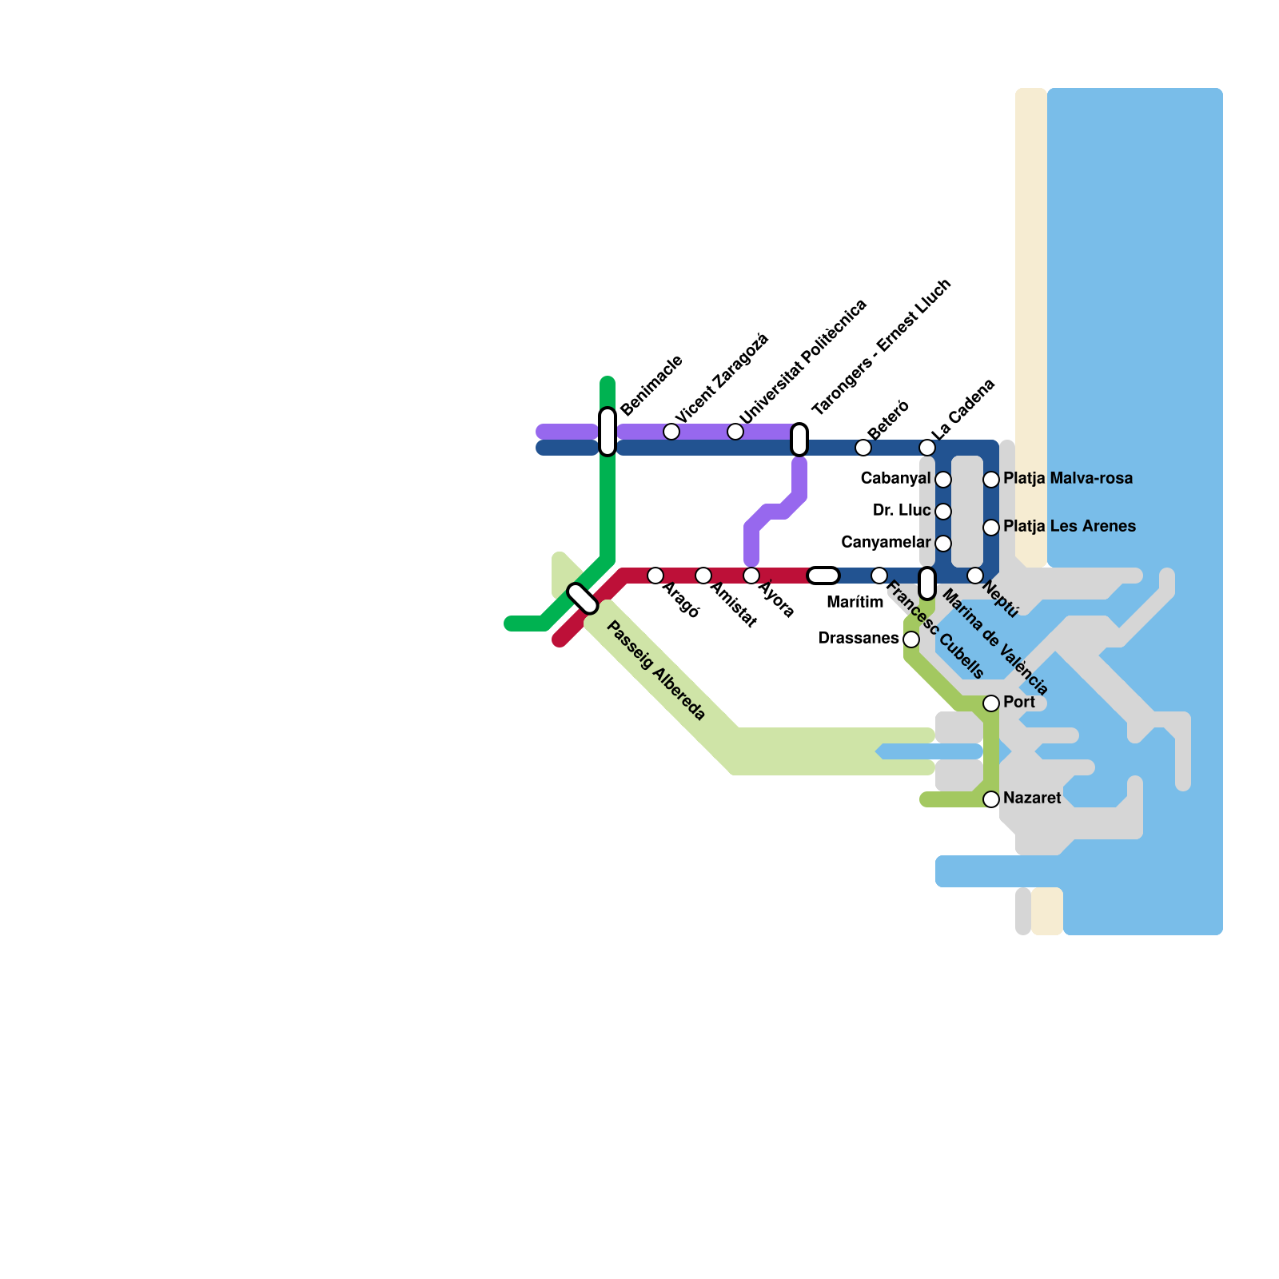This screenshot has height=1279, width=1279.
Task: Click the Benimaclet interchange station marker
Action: click(x=608, y=432)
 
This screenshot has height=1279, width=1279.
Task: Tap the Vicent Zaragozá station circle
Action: click(x=671, y=432)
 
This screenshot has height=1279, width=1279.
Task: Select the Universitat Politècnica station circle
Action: click(x=735, y=432)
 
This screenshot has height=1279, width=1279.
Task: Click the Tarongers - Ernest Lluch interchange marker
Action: click(x=799, y=440)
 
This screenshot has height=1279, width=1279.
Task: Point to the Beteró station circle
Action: click(x=863, y=448)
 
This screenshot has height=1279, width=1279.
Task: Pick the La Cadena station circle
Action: click(x=927, y=448)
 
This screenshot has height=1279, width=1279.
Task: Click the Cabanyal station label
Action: click(x=895, y=479)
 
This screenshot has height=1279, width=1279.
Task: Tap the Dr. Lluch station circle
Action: click(x=943, y=512)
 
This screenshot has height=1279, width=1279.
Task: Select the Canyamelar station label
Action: click(x=886, y=543)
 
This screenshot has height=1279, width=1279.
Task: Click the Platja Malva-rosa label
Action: click(x=1068, y=479)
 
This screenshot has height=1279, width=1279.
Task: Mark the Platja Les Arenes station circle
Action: click(x=991, y=528)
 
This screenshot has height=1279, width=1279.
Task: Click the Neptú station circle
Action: click(x=975, y=576)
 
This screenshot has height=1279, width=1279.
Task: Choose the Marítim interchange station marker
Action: click(x=823, y=576)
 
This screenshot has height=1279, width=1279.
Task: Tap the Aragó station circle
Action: click(x=655, y=576)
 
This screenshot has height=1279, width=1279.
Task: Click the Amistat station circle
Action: click(x=703, y=576)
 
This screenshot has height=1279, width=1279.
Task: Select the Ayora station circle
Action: click(x=751, y=576)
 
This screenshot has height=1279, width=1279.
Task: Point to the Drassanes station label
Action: click(x=859, y=639)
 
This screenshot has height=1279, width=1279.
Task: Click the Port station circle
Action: click(x=991, y=703)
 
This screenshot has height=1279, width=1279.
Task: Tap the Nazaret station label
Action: click(x=1032, y=799)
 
